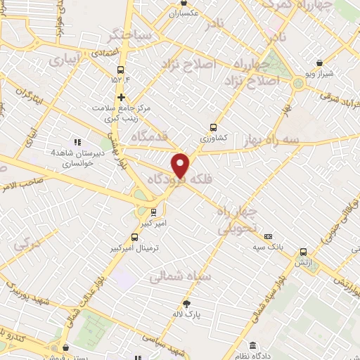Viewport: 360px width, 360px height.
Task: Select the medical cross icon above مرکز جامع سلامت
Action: [x=121, y=97]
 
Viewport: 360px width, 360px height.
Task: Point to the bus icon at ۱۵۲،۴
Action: [x=120, y=70]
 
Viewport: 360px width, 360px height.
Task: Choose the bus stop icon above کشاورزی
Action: [x=212, y=127]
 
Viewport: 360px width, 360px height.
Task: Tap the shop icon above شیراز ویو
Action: [x=320, y=63]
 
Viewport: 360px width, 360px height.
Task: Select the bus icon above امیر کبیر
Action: [x=153, y=212]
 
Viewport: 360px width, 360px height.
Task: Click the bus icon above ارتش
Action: [x=303, y=252]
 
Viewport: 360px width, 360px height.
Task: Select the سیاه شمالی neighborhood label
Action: [x=180, y=277]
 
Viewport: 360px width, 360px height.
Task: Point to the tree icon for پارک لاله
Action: [x=186, y=303]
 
